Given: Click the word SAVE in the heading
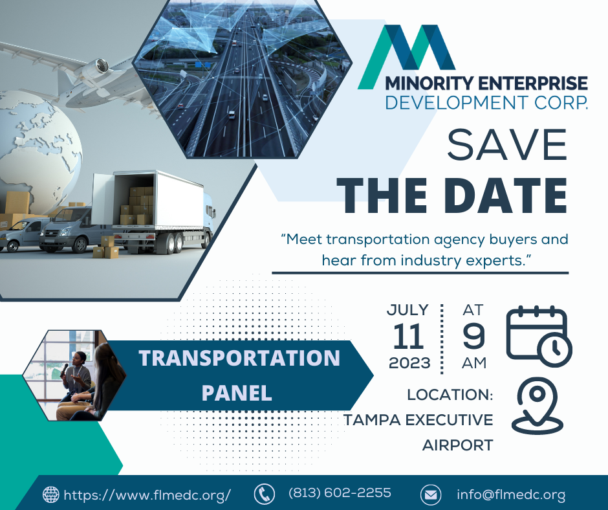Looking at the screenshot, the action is pos(507,144).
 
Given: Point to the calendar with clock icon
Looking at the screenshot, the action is pos(539,337).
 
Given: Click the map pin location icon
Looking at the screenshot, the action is pos(537,405).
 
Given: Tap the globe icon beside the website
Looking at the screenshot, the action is pos(51,494).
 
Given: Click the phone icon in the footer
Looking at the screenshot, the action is pos(264,494).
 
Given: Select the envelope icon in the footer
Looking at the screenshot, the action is pos(430,495).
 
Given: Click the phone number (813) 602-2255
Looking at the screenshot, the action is pos(340,493).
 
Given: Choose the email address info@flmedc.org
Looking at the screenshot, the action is pos(511,495).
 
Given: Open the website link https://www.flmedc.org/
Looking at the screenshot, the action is pos(147,495).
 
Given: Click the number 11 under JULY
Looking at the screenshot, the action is pos(408,336).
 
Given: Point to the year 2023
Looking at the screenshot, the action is pos(409,363).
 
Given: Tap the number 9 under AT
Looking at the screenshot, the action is pos(474,336).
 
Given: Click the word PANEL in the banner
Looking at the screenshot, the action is pos(237,393).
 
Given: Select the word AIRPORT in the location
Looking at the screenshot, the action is pos(457,445).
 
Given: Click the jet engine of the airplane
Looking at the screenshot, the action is pos(96,67).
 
